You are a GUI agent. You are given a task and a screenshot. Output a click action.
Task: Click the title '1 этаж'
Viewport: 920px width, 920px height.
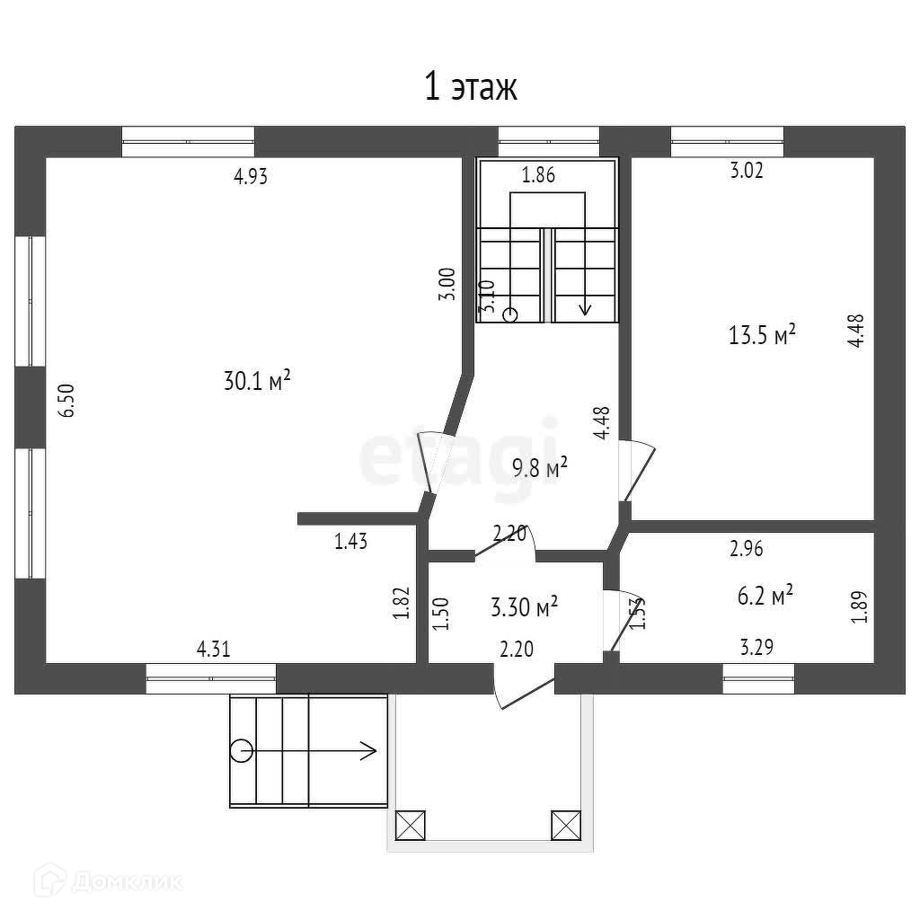(470, 88)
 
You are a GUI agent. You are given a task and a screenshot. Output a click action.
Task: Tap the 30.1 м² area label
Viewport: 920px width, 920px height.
(257, 381)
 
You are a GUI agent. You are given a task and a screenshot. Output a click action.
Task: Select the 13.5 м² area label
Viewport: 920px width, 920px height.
(763, 336)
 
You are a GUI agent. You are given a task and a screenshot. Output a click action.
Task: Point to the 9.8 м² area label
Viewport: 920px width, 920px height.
(540, 467)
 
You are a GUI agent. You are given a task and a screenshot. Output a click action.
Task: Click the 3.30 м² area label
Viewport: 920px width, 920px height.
(524, 607)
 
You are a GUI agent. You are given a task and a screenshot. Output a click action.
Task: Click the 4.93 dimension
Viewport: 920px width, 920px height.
(251, 177)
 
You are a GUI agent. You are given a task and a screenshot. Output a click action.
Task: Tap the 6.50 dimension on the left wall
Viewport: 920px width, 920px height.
(66, 400)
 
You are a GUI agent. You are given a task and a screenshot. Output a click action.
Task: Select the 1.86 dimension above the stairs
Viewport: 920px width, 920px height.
(538, 176)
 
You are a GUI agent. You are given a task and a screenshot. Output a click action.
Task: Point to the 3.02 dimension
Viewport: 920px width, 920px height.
(747, 171)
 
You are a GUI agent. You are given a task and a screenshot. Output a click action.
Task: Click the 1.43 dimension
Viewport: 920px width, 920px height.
(351, 541)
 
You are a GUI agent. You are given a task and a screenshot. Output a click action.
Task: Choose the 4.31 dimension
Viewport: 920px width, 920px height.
(213, 649)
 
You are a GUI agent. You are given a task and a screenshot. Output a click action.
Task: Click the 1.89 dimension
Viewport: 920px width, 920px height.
(861, 606)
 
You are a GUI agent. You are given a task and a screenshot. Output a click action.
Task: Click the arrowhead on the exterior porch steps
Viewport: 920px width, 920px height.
(368, 750)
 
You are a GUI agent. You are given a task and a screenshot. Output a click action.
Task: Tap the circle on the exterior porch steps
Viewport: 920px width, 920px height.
(241, 750)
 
